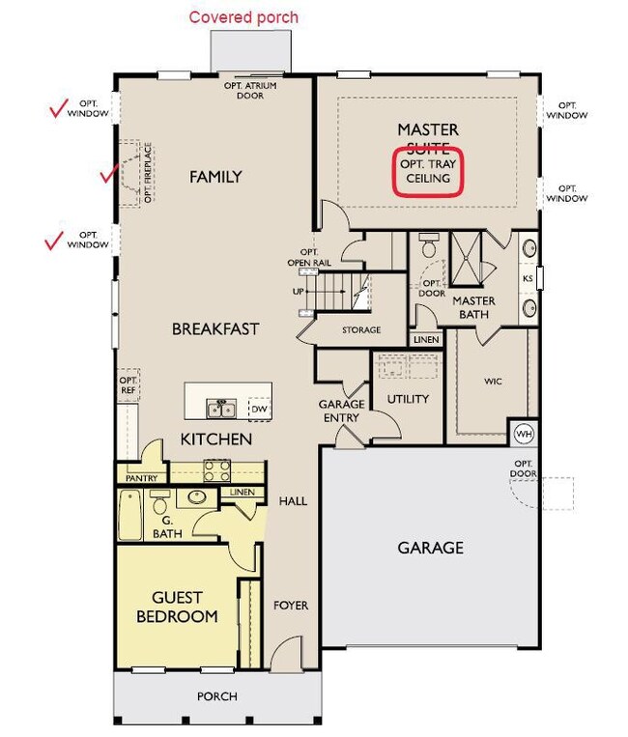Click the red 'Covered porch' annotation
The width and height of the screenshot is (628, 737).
[x=243, y=17]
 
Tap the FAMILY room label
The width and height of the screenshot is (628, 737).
[x=215, y=177]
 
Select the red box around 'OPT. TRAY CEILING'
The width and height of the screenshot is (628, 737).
[x=428, y=172]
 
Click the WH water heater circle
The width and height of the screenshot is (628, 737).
[x=524, y=434]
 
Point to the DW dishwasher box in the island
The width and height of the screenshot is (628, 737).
[x=259, y=409]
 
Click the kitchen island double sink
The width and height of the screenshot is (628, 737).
[x=221, y=409]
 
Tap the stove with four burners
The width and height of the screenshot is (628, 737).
[x=216, y=470]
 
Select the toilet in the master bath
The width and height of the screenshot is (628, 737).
[x=428, y=244]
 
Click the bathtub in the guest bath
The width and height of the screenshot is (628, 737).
[x=129, y=515]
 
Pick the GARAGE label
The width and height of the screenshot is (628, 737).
[x=431, y=548]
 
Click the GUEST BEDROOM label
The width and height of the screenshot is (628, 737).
[x=177, y=607]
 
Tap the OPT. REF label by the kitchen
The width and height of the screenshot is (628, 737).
[x=128, y=385]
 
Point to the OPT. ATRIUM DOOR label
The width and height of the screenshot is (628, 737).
[x=250, y=91]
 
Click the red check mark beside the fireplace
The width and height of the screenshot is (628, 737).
[x=109, y=174]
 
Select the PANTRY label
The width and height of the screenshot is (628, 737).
[x=141, y=478]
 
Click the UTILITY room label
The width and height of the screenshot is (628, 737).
[x=408, y=399]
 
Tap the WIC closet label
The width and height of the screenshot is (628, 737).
[x=493, y=382]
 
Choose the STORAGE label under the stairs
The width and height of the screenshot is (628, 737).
[x=361, y=330]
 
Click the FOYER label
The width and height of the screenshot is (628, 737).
[x=291, y=606]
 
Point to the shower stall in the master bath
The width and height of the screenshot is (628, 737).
[x=466, y=258]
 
